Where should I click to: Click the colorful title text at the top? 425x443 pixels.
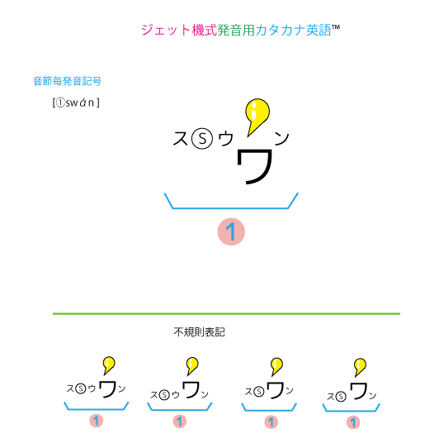pyautogui.click(x=240, y=30)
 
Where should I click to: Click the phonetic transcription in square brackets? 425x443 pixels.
pyautogui.click(x=75, y=102)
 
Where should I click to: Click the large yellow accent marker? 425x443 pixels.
pyautogui.click(x=258, y=114)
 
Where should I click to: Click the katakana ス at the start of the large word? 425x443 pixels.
pyautogui.click(x=181, y=139)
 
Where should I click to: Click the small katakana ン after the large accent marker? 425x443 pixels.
pyautogui.click(x=281, y=138)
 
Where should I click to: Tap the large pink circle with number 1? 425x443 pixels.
pyautogui.click(x=232, y=232)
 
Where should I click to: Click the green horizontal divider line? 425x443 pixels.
pyautogui.click(x=226, y=314)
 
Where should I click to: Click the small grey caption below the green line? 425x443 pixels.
pyautogui.click(x=200, y=333)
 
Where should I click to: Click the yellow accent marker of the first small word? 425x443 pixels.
pyautogui.click(x=108, y=364)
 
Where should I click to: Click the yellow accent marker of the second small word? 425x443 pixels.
pyautogui.click(x=192, y=364)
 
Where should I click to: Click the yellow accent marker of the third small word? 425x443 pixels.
pyautogui.click(x=277, y=364)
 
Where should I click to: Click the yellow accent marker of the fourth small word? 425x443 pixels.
pyautogui.click(x=360, y=365)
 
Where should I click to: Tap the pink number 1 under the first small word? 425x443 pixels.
pyautogui.click(x=96, y=422)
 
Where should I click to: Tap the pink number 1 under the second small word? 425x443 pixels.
pyautogui.click(x=181, y=422)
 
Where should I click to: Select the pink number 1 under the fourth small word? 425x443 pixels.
pyautogui.click(x=353, y=422)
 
